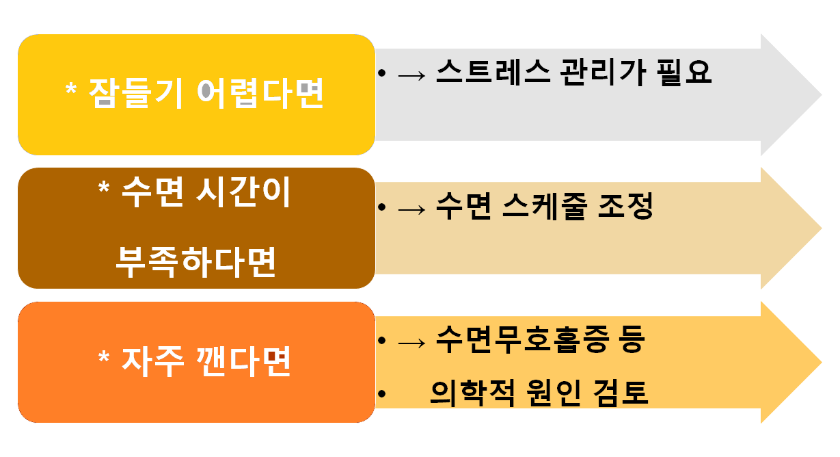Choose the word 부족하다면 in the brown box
pyautogui.click(x=196, y=261)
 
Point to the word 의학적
pyautogui.click(x=465, y=393)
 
